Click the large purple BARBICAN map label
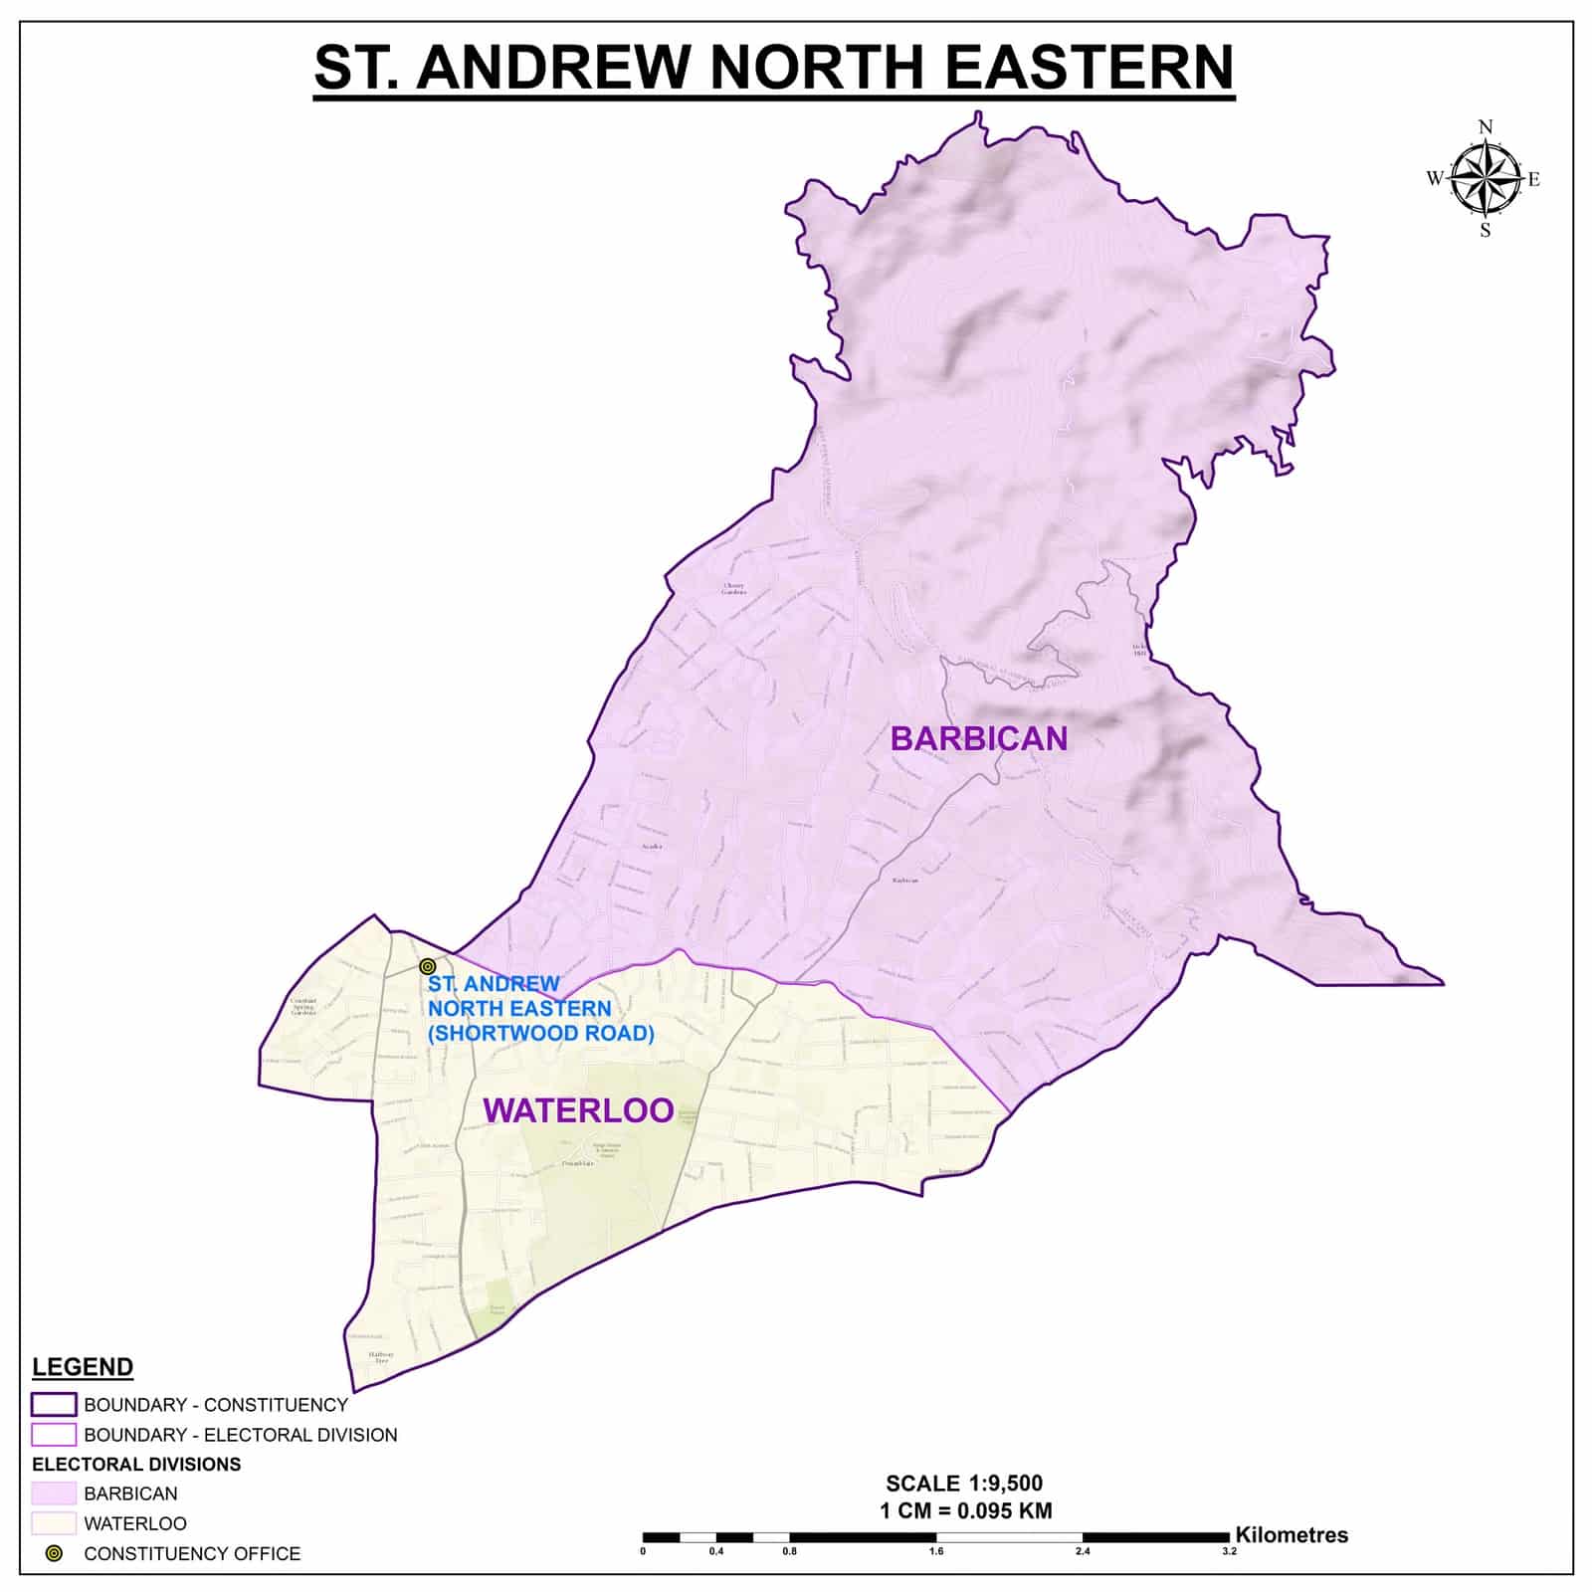(x=978, y=738)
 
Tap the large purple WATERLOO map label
(x=578, y=1110)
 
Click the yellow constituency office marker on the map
(x=428, y=966)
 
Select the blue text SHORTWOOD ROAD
(x=540, y=1034)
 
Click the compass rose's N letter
(x=1486, y=126)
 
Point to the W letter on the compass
(x=1434, y=179)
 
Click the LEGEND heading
(x=83, y=1366)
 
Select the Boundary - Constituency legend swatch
(x=54, y=1405)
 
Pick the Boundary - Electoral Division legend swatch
(x=54, y=1435)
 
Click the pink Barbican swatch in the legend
(x=54, y=1493)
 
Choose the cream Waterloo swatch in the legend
(x=54, y=1523)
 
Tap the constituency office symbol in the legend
(x=54, y=1553)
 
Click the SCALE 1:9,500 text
(x=964, y=1484)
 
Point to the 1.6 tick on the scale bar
(x=936, y=1551)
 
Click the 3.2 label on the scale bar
(x=1229, y=1551)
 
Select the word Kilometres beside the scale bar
(x=1292, y=1535)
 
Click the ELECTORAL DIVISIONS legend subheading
(x=136, y=1465)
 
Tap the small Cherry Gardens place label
(x=733, y=589)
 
